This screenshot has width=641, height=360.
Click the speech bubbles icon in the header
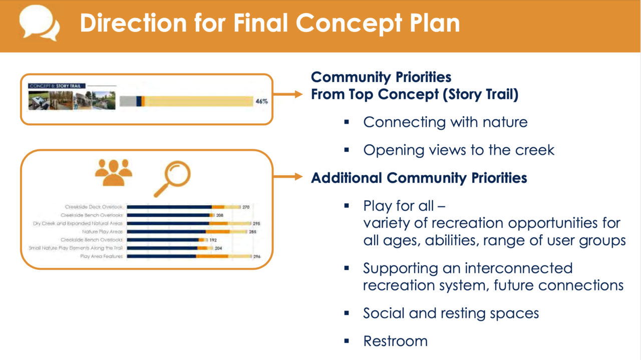[39, 24]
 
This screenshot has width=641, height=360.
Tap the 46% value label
[261, 101]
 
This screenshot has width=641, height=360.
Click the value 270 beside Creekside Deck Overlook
[246, 207]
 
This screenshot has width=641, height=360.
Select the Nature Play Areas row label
[103, 232]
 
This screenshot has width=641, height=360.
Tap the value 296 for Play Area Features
[257, 256]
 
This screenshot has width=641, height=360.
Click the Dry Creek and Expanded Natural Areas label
[78, 223]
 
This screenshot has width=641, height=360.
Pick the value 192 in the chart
[212, 240]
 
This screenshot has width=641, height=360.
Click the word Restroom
[395, 341]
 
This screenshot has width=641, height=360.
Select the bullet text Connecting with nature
[445, 122]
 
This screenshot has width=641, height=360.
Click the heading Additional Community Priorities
[419, 178]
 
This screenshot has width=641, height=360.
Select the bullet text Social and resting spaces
[451, 313]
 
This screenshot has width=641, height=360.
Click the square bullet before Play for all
[346, 206]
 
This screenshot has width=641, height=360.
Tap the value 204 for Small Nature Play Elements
[218, 248]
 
